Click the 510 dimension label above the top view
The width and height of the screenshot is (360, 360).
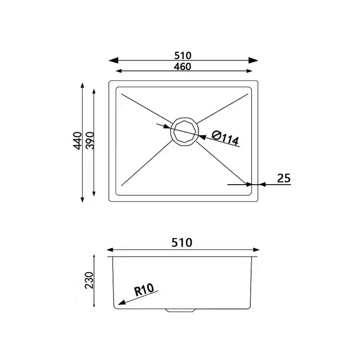click(x=183, y=55)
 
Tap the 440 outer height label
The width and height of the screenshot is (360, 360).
click(x=77, y=141)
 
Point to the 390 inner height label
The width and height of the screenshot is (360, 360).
click(x=89, y=141)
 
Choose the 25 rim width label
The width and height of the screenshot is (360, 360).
click(x=284, y=178)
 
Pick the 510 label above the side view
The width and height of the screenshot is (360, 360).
click(x=182, y=242)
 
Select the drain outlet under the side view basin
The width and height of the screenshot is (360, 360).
click(x=180, y=310)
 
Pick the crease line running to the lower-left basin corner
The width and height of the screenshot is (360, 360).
click(x=146, y=163)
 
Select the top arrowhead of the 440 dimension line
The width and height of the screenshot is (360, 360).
click(x=82, y=86)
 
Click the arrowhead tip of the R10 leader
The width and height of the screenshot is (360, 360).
click(x=120, y=304)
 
